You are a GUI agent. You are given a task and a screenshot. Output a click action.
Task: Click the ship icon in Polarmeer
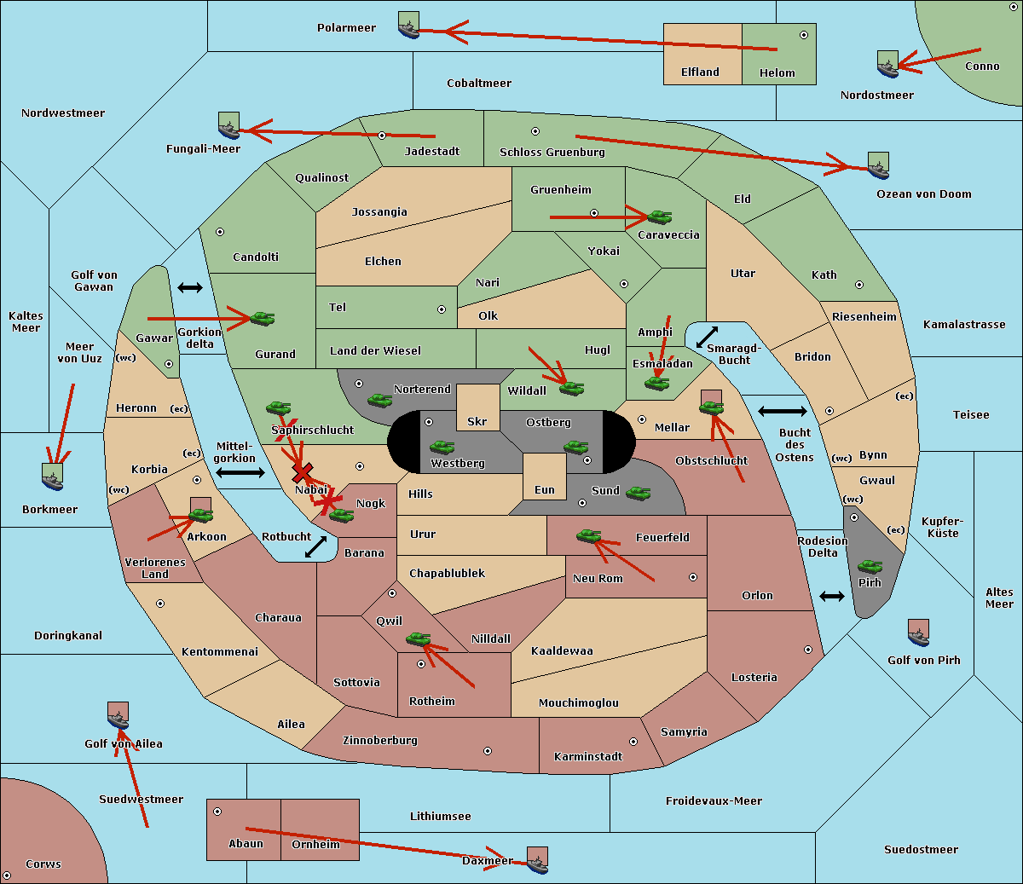(409, 25)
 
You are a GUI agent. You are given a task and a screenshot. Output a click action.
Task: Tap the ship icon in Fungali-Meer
(228, 125)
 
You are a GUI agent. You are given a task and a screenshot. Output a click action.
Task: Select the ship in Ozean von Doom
(878, 165)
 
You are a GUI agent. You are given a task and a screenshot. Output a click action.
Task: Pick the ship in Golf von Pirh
(919, 633)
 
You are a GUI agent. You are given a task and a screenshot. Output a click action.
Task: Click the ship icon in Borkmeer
(53, 477)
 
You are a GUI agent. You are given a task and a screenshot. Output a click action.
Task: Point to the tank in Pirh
(870, 566)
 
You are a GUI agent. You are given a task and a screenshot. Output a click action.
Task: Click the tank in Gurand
(263, 318)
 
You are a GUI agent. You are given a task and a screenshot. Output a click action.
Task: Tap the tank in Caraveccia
(660, 217)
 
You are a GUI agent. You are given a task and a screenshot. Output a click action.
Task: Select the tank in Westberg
(442, 447)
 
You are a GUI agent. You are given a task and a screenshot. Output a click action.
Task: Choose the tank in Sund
(638, 493)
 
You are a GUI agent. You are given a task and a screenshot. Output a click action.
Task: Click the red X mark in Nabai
(303, 472)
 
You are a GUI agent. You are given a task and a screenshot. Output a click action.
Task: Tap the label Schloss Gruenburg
(552, 152)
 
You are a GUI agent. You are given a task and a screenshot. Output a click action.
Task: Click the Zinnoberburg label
(380, 741)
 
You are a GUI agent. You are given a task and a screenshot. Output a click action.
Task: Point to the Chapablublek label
(447, 573)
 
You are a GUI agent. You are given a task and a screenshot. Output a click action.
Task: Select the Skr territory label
(477, 421)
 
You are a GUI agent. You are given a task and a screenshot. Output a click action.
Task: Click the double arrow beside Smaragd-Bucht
(707, 337)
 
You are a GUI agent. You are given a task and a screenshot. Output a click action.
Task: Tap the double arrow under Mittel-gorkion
(240, 472)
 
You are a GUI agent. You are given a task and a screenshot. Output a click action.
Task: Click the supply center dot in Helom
(804, 35)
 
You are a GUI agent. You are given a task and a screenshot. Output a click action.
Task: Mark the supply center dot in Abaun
(217, 812)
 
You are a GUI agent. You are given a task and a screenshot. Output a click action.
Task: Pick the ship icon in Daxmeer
(537, 860)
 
